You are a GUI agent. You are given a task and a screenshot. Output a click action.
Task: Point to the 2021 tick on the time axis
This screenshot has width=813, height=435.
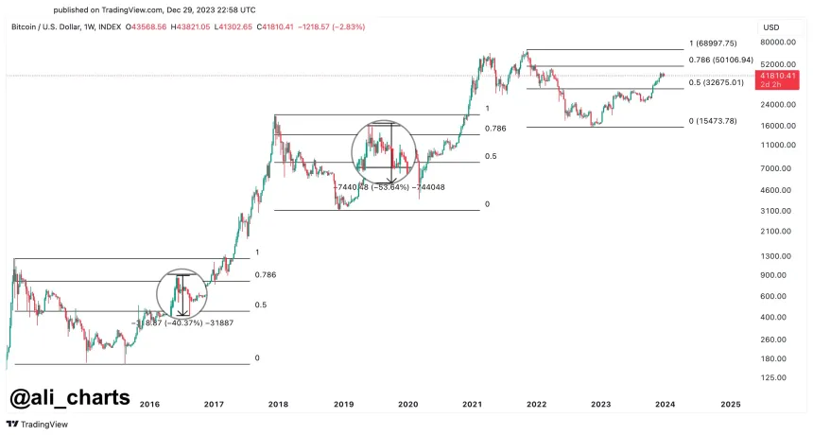[472, 404]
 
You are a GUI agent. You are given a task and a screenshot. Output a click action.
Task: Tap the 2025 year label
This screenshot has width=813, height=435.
[731, 404]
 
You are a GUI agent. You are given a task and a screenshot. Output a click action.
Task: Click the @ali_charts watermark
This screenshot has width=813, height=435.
[69, 396]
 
